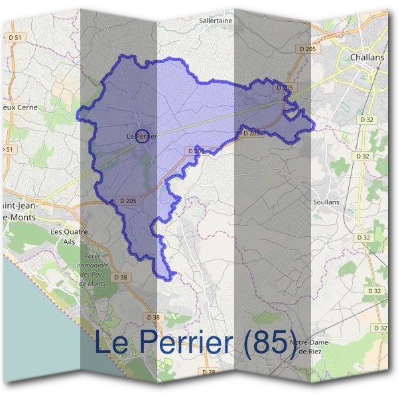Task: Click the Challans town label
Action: pyautogui.click(x=367, y=58)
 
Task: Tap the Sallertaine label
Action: pyautogui.click(x=216, y=21)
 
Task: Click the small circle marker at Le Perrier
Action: pyautogui.click(x=141, y=136)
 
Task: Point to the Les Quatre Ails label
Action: pyautogui.click(x=69, y=236)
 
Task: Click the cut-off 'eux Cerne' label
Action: pyautogui.click(x=19, y=107)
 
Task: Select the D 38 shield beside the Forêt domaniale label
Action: pyautogui.click(x=120, y=277)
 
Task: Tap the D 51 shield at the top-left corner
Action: pyautogui.click(x=15, y=38)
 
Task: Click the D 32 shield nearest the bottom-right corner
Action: pyautogui.click(x=380, y=328)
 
